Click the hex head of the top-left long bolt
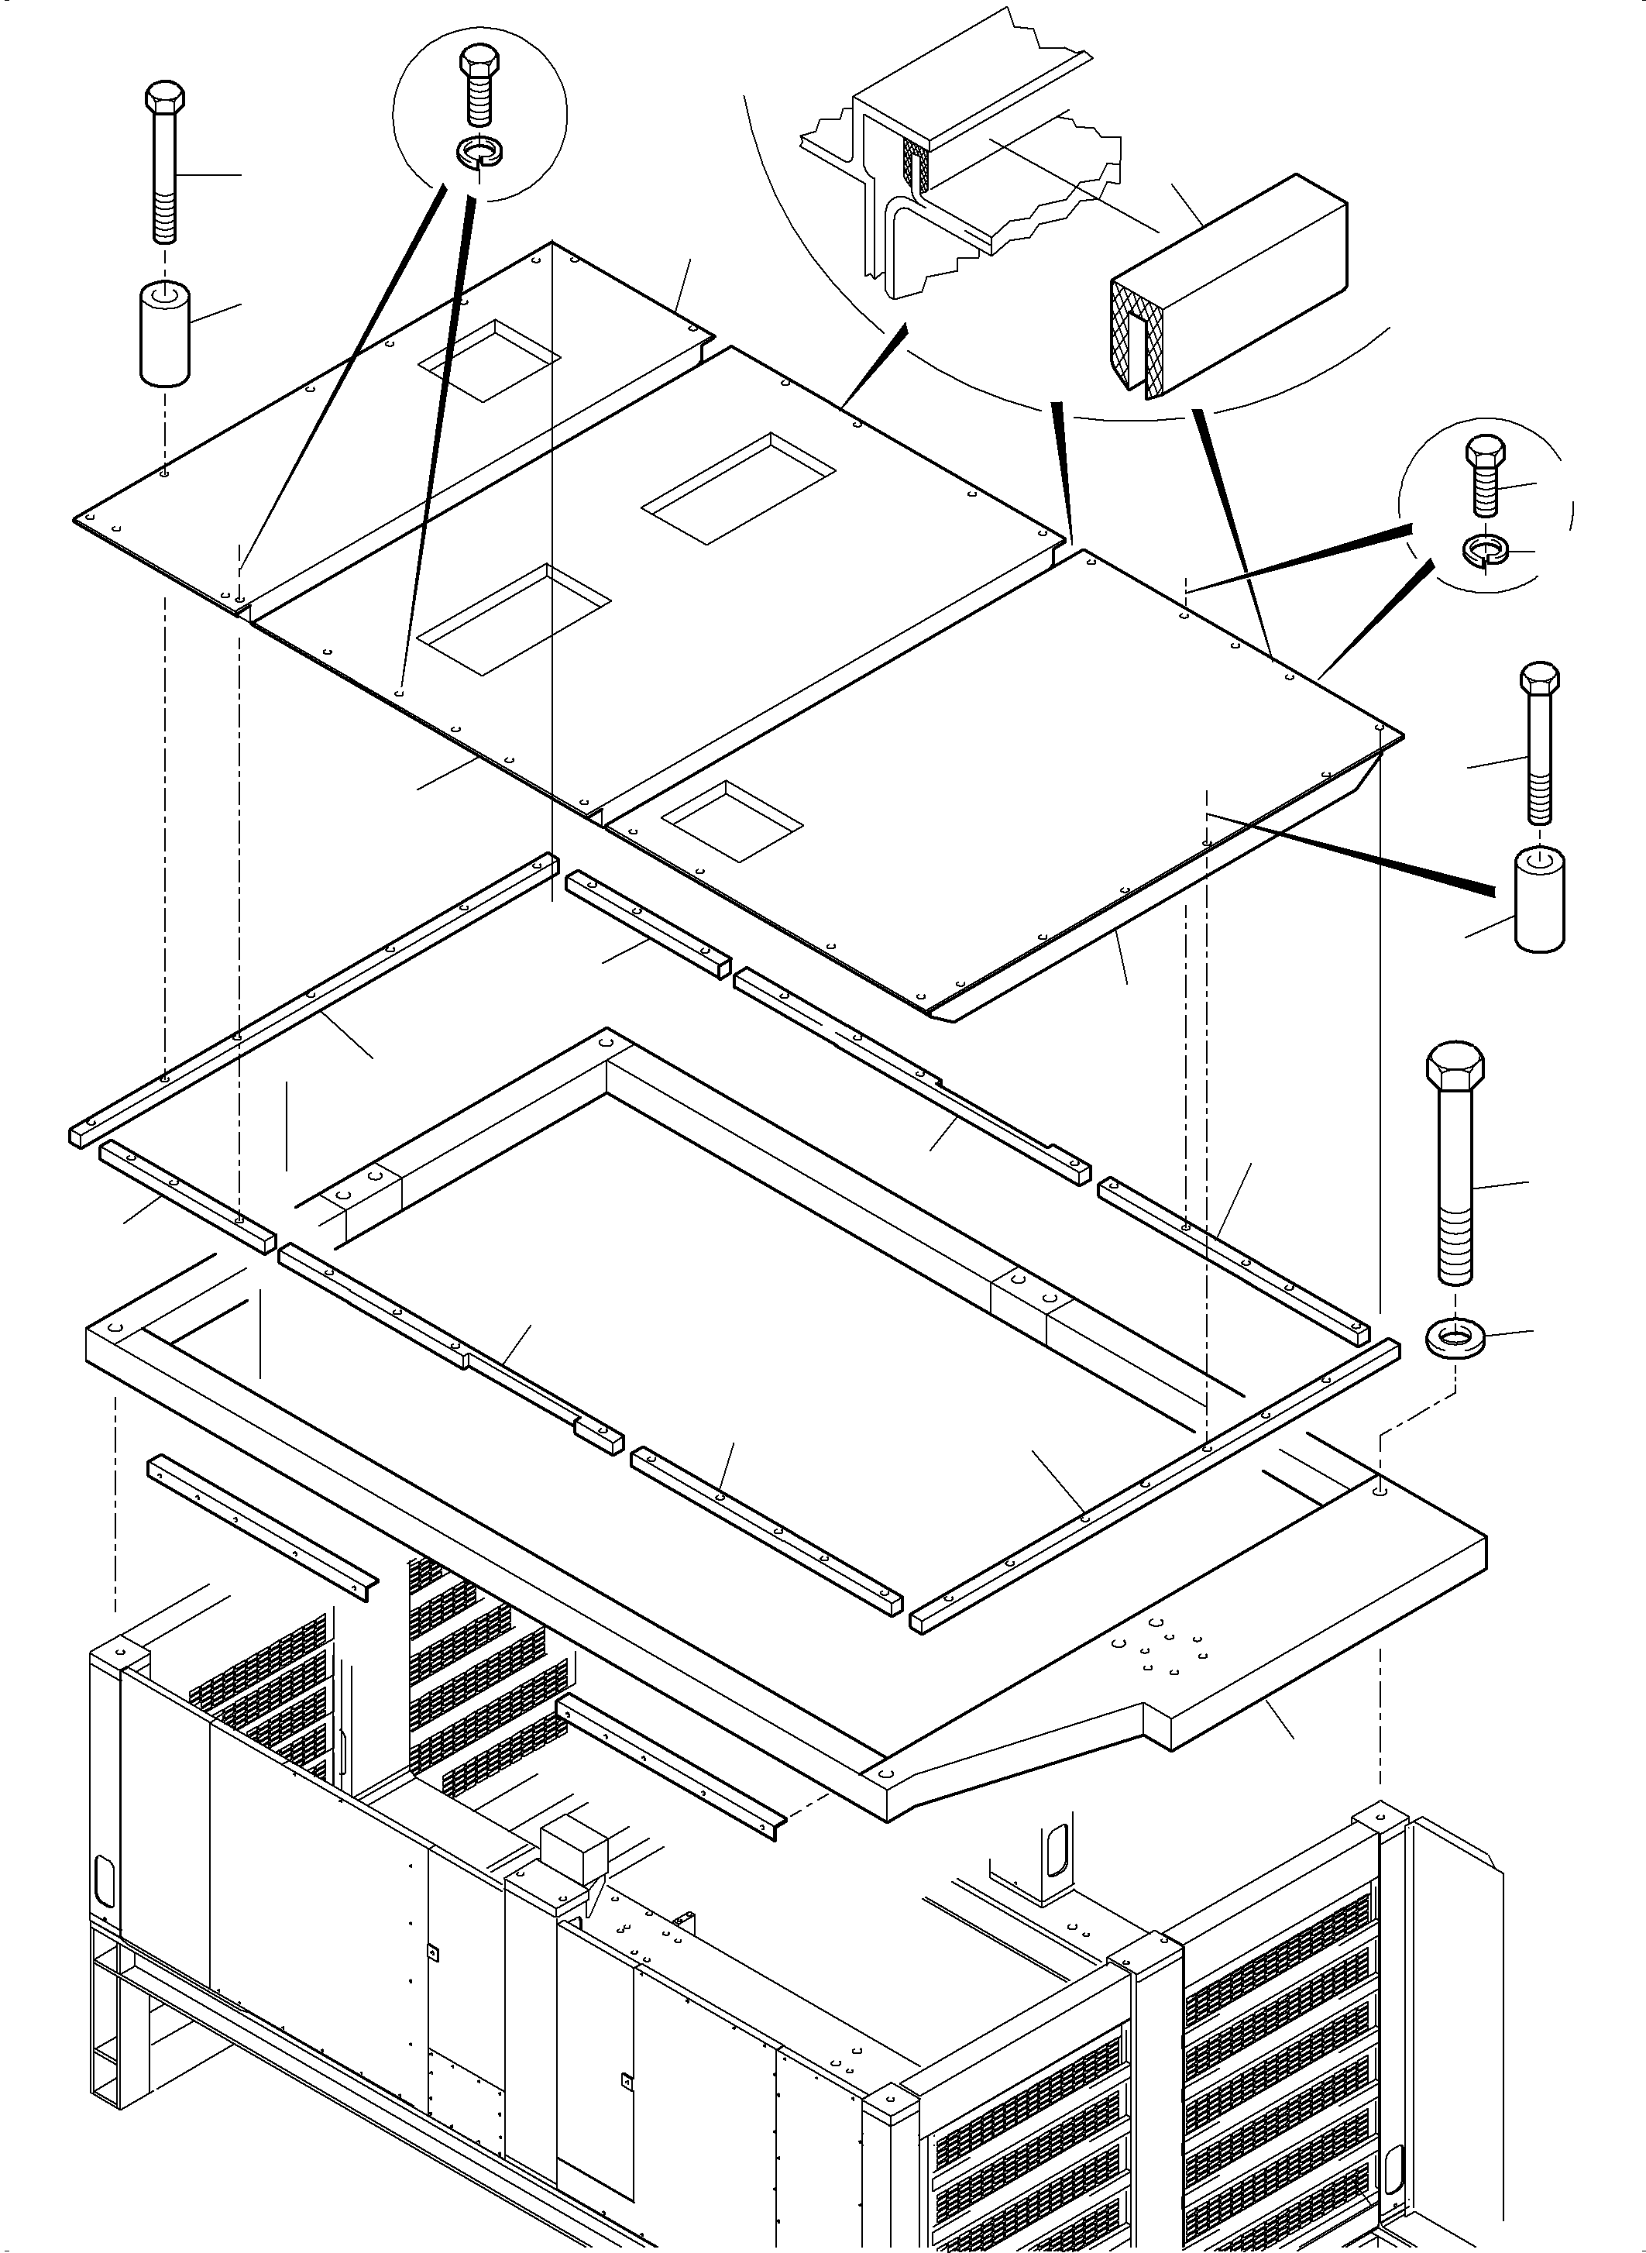(164, 98)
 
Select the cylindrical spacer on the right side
(1539, 899)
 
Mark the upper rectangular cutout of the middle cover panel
(738, 488)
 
